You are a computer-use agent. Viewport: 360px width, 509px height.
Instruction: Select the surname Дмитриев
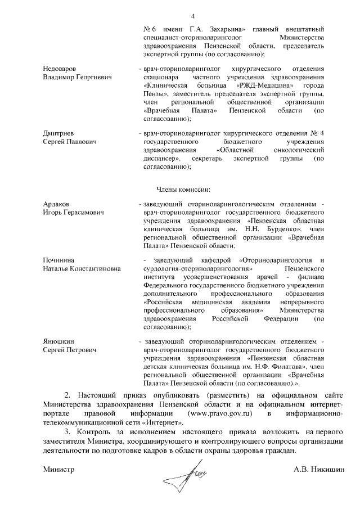tap(60, 133)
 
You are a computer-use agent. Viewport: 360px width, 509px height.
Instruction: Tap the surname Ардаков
tap(57, 204)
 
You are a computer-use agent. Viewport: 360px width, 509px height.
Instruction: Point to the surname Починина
tap(60, 260)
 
